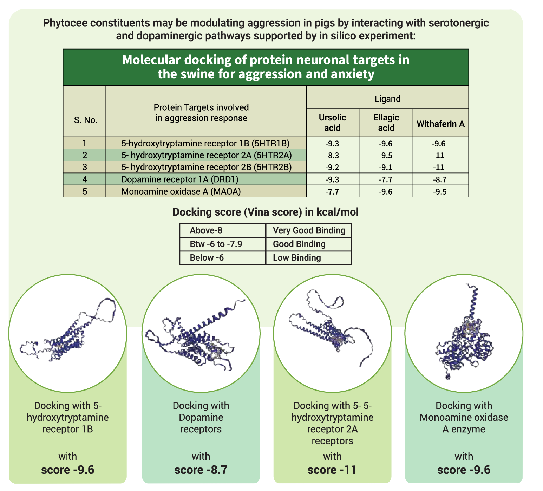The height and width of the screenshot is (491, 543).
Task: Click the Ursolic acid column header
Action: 332,123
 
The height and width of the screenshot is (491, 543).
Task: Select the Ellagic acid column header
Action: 386,123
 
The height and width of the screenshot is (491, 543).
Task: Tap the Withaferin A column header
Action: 440,124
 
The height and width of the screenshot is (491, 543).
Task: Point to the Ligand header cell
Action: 387,99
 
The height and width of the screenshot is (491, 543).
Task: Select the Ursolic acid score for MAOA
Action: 332,192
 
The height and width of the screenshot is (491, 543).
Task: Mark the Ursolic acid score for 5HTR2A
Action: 332,156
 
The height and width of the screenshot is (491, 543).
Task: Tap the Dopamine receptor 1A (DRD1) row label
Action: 180,179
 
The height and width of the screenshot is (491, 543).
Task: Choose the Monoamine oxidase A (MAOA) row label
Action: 181,191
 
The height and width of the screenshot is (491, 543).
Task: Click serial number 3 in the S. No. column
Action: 85,167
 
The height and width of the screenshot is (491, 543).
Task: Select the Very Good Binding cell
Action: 309,230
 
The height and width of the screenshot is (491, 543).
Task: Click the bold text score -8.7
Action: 201,470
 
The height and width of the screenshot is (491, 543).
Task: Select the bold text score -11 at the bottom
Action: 332,470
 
